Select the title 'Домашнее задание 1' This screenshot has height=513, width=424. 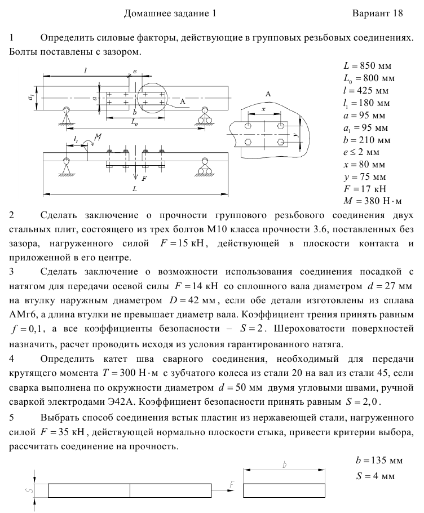(x=170, y=13)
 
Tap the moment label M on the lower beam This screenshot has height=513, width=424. (x=98, y=138)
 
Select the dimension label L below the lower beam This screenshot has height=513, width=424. (x=134, y=189)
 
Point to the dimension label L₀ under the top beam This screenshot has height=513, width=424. (x=135, y=122)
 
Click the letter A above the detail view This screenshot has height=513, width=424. (x=268, y=94)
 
